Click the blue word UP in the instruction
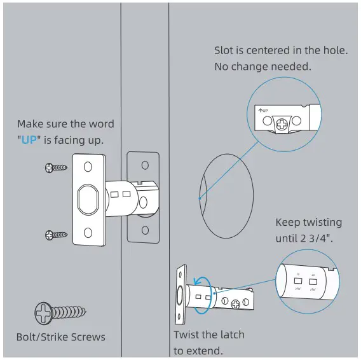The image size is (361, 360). tap(29, 139)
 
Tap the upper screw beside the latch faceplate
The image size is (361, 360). tap(56, 168)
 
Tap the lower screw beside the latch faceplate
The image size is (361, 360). tap(56, 235)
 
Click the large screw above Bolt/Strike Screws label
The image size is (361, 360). tap(58, 314)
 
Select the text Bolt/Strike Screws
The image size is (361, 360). tap(60, 336)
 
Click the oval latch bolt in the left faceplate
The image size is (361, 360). tap(88, 202)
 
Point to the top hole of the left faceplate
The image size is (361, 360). tap(88, 166)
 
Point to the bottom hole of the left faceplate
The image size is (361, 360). tap(88, 237)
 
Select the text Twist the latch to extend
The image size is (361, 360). tap(208, 342)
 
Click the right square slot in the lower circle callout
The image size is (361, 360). tap(314, 280)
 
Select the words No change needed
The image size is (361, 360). tap(262, 66)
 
